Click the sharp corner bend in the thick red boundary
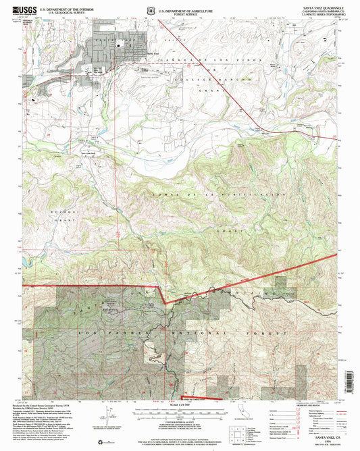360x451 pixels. pyautogui.click(x=160, y=286)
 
